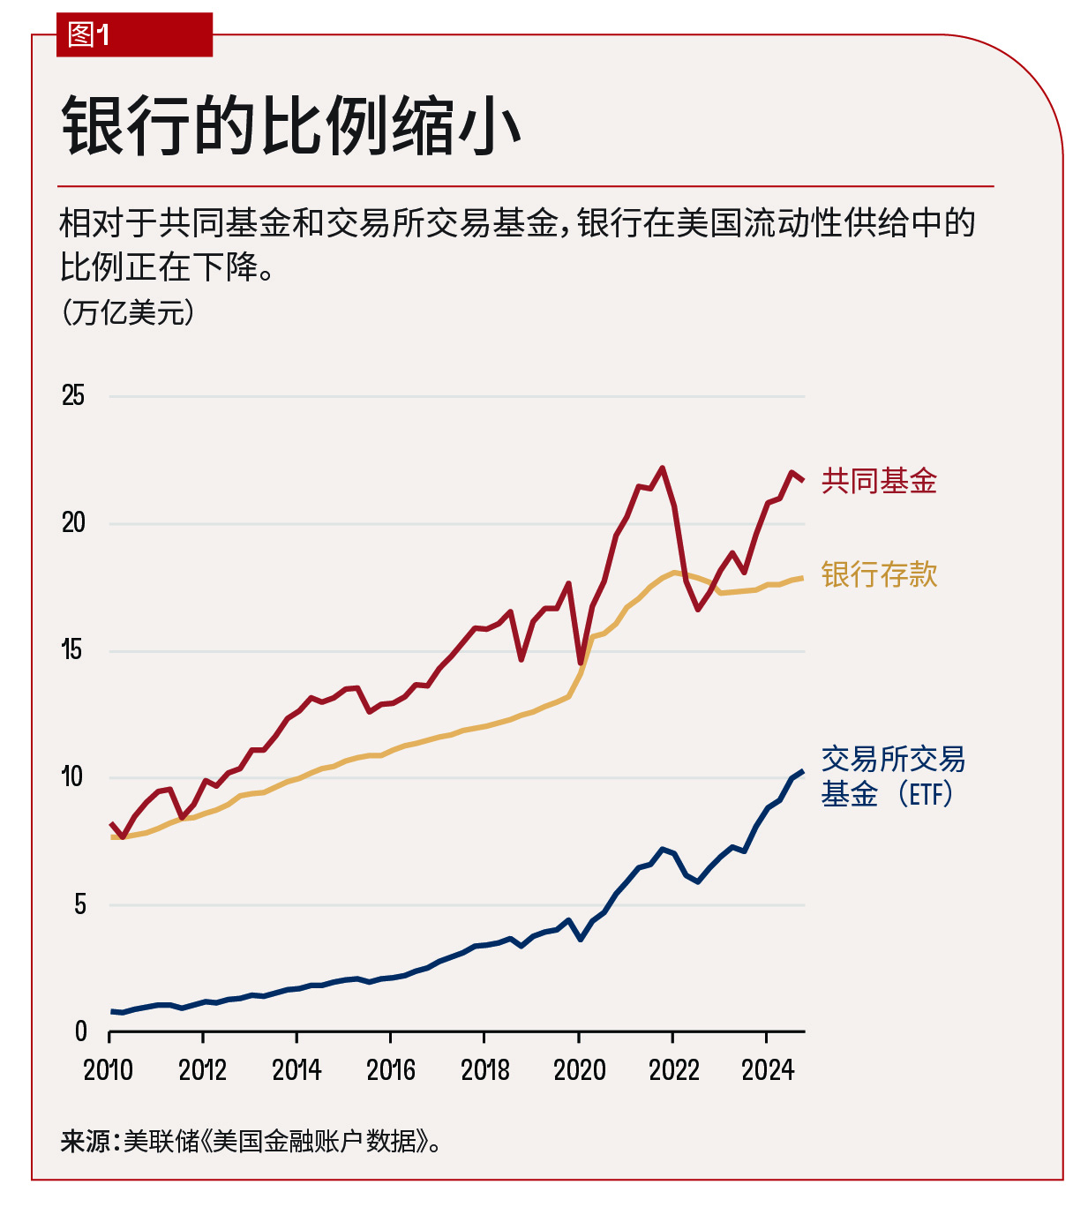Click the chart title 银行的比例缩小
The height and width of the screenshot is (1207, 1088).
click(291, 126)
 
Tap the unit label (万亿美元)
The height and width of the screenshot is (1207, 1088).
click(128, 312)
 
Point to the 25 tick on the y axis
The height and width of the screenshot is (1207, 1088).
click(73, 395)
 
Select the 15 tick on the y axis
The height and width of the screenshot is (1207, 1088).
click(71, 650)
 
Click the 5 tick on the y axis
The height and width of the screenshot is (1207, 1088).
click(79, 904)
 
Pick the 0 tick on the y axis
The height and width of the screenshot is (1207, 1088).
click(80, 1031)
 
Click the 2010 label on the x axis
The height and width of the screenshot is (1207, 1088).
click(109, 1070)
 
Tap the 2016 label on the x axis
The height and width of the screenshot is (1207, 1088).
click(391, 1070)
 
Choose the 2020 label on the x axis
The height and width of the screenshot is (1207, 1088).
click(579, 1070)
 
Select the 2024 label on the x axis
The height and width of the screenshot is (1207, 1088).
click(768, 1070)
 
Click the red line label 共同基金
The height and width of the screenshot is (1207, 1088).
click(879, 481)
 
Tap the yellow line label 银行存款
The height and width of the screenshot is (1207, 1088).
click(879, 574)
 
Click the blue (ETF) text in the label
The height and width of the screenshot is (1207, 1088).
click(927, 794)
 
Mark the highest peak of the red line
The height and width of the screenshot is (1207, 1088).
click(662, 468)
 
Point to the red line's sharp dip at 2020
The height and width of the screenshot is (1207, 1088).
click(581, 663)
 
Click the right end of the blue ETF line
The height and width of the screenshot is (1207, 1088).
click(802, 771)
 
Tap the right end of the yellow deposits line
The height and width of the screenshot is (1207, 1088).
click(802, 578)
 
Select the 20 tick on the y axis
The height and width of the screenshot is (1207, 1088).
click(73, 522)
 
